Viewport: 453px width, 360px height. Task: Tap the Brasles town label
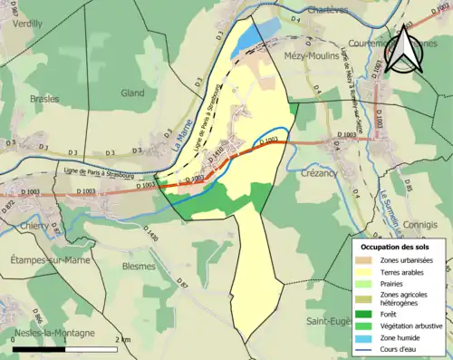coord(43,98)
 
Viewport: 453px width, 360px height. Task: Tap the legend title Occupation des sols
coord(396,246)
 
